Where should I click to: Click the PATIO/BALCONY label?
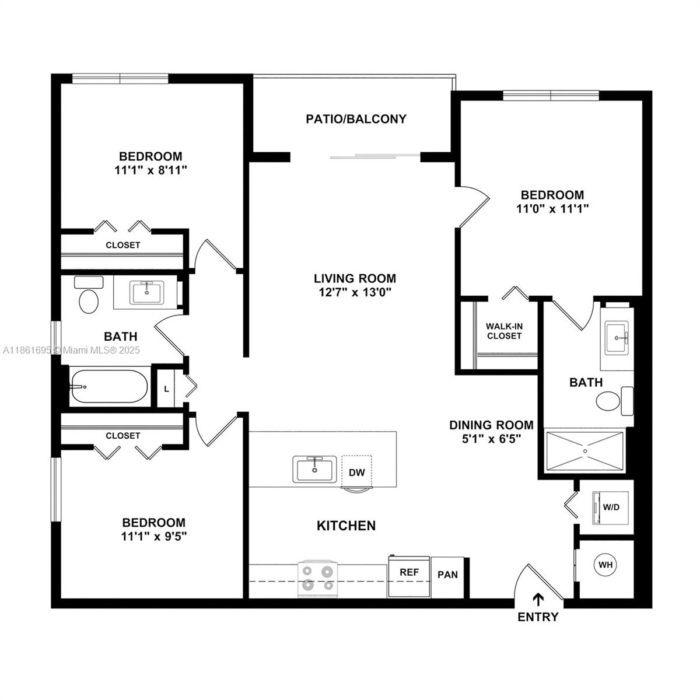coord(356,119)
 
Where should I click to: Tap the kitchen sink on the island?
coord(314,470)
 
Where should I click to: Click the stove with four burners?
coord(318,579)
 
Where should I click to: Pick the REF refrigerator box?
coord(409,577)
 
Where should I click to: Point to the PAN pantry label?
coord(447,575)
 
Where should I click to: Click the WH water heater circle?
coord(605,565)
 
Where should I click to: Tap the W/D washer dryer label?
coord(611,507)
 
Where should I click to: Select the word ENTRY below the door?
coord(538,617)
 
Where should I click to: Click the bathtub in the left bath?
coord(108,386)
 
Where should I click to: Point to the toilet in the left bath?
coord(89,295)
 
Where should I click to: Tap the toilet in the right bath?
coord(615,401)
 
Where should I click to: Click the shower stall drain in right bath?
coord(585,451)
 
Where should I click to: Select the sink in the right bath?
coord(617,338)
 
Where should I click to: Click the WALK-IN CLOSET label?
coord(504,331)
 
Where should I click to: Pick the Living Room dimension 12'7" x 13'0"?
coord(355,292)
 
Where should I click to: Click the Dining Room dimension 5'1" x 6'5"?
coord(492,439)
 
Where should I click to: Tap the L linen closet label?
coord(166,389)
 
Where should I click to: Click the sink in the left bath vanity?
coord(147,292)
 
